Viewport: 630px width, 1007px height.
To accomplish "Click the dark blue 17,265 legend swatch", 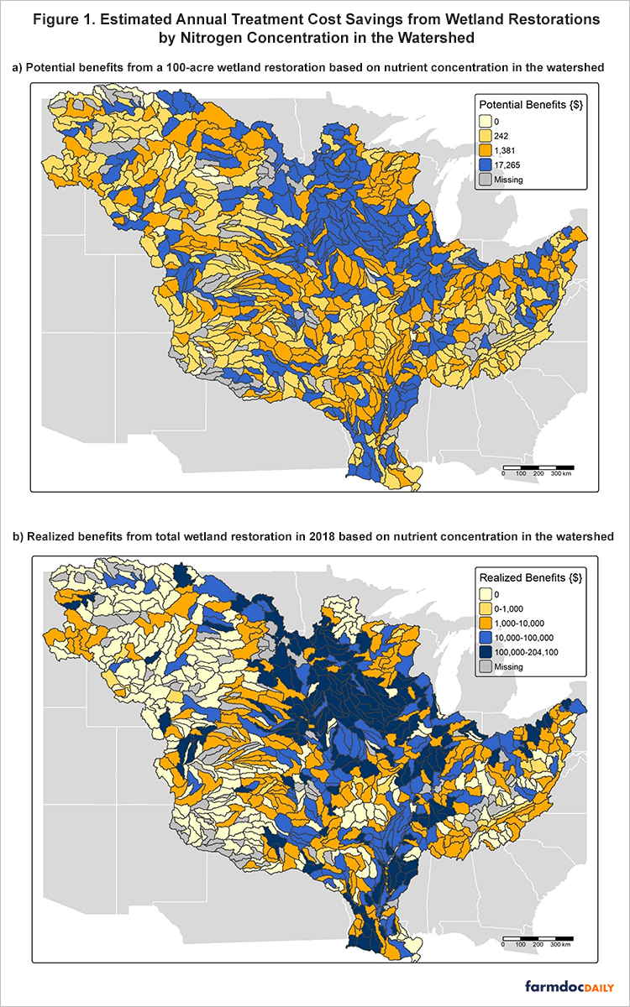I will point(486,164).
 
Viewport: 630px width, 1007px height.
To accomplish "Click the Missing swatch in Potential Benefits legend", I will point(486,178).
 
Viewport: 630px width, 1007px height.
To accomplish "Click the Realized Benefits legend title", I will point(530,577).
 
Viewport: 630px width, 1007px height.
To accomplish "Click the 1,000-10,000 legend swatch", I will point(486,623).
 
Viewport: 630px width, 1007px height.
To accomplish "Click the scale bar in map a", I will point(538,466).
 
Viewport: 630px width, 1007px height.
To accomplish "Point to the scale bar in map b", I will point(538,938).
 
